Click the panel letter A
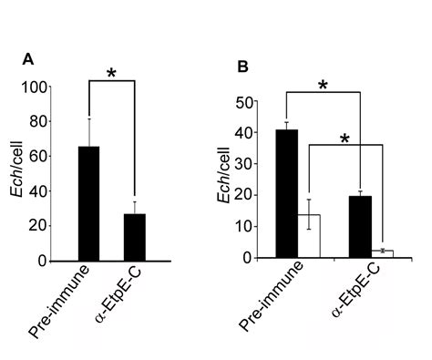(27, 60)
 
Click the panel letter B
(242, 66)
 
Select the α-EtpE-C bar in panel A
(134, 237)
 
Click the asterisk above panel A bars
(111, 73)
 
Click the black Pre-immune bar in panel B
(286, 193)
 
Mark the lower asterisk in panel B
(345, 139)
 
